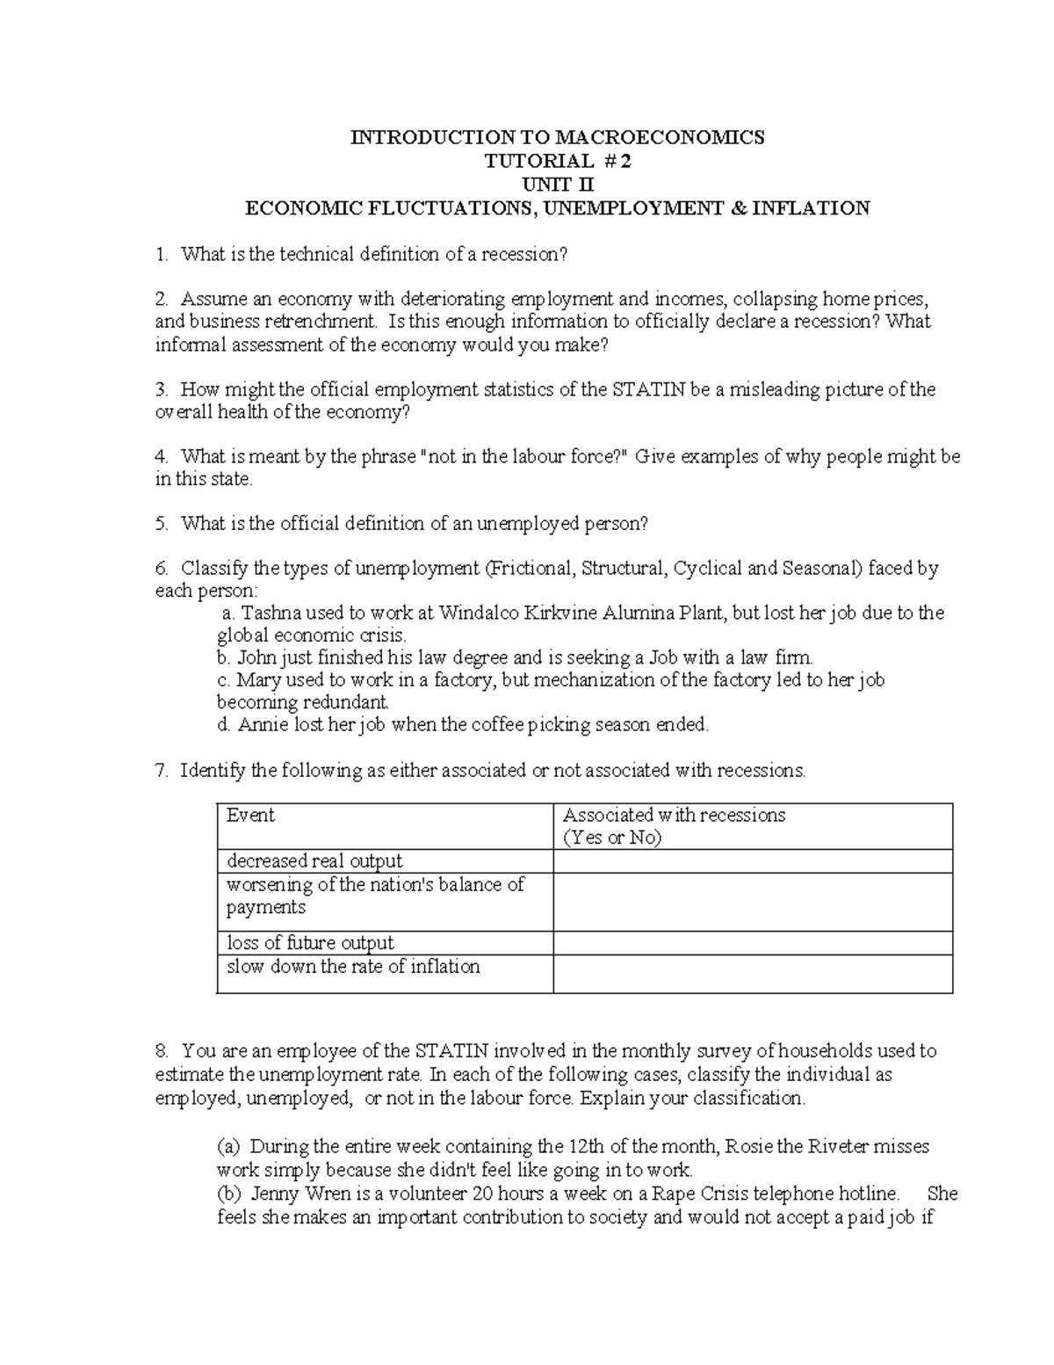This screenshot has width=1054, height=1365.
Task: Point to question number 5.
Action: coord(161,524)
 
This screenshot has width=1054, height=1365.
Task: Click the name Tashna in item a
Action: coord(267,613)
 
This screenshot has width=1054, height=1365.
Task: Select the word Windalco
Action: coord(479,613)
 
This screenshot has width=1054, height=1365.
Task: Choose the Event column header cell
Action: coord(251,815)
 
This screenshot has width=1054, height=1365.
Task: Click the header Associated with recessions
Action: coord(674,815)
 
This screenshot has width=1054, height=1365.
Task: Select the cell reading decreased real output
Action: coord(314,860)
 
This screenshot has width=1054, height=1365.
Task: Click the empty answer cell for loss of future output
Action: coord(753,943)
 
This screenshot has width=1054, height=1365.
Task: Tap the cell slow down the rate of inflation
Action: coord(353,967)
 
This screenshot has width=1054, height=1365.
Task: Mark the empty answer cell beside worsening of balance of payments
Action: coord(753,902)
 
